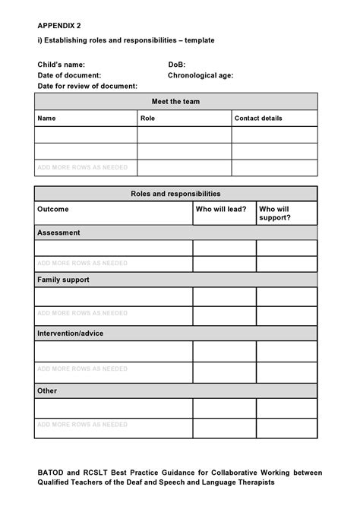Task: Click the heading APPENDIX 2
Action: pos(59,24)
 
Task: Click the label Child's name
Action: pos(62,65)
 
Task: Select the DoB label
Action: pos(176,65)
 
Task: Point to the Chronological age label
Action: pos(201,75)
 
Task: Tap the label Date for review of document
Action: pos(87,86)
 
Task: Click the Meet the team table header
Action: pos(175,102)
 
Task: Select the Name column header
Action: pos(47,119)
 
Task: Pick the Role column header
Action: pos(148,119)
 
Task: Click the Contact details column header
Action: pos(258,119)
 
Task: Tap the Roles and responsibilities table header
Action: pos(175,194)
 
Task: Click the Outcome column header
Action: pos(53,209)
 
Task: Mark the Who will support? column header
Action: pos(275,213)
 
